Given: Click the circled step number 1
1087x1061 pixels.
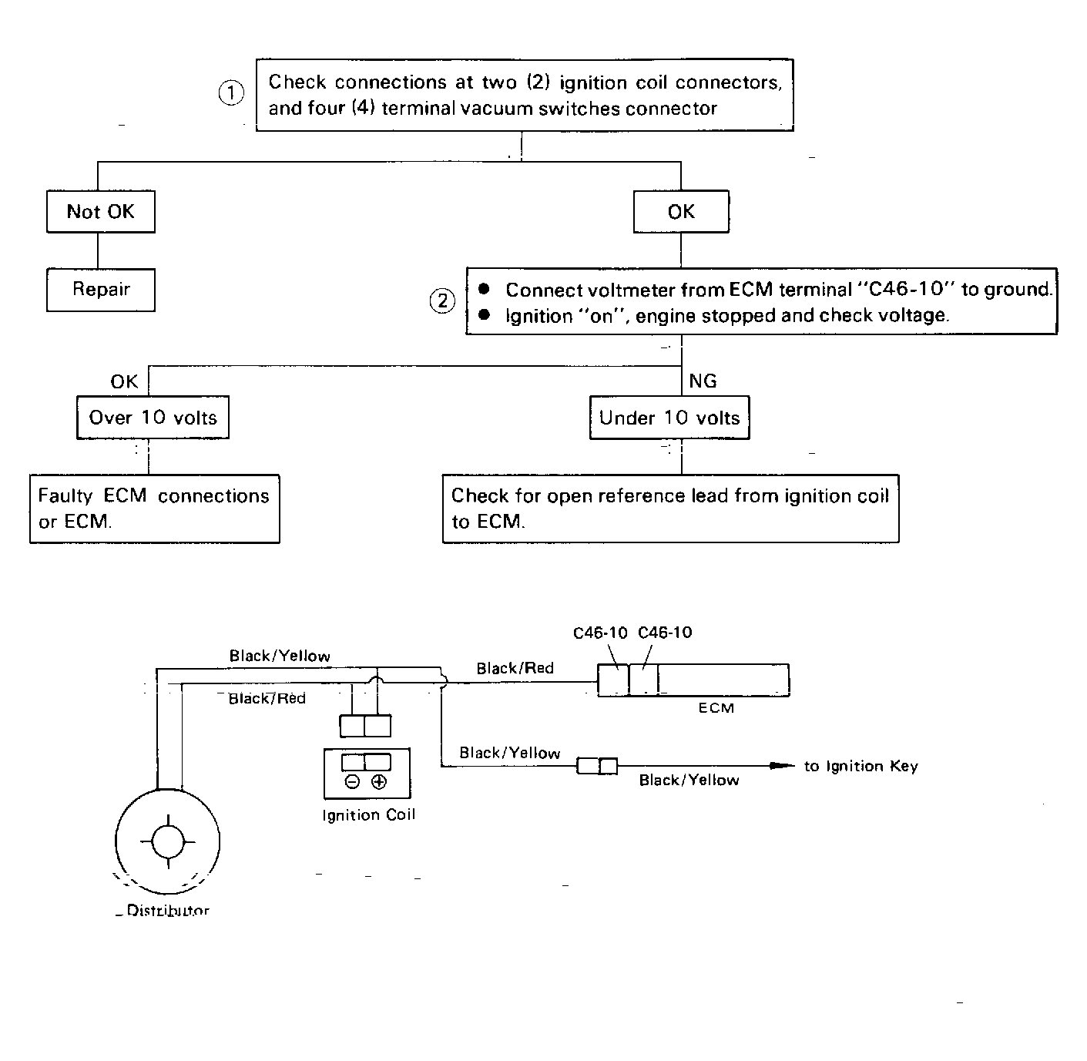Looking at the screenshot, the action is (x=230, y=92).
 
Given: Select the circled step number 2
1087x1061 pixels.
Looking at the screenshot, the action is (x=442, y=301).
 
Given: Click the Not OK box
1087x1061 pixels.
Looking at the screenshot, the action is (x=101, y=211).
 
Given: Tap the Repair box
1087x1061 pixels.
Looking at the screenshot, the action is (x=101, y=290).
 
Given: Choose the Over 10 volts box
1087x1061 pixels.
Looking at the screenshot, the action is (x=153, y=418).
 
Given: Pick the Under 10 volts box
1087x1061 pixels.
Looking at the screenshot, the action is (x=669, y=418).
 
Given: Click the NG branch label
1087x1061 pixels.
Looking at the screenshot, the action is (x=703, y=381).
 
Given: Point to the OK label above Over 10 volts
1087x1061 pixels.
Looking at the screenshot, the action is (x=124, y=381).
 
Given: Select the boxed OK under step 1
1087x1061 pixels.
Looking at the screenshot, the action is (x=681, y=211).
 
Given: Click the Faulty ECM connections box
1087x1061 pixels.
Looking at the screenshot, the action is (x=155, y=509).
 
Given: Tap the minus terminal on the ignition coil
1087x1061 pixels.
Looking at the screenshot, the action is (x=353, y=781).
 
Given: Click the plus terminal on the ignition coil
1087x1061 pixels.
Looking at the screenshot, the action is (x=379, y=781).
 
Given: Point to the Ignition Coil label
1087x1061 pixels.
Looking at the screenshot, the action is (x=369, y=814).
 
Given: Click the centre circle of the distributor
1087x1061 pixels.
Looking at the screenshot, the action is (x=168, y=841).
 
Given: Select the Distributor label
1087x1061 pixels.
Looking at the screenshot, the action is (x=168, y=910).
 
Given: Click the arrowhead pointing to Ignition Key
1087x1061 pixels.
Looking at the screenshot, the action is (x=782, y=765).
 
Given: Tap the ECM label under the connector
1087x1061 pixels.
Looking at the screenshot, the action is (x=716, y=708).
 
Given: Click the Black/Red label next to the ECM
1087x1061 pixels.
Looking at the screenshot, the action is (x=515, y=668).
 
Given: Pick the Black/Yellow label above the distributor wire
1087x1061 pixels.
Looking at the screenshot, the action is (x=280, y=656).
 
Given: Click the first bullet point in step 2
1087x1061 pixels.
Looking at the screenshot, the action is (x=485, y=289).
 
